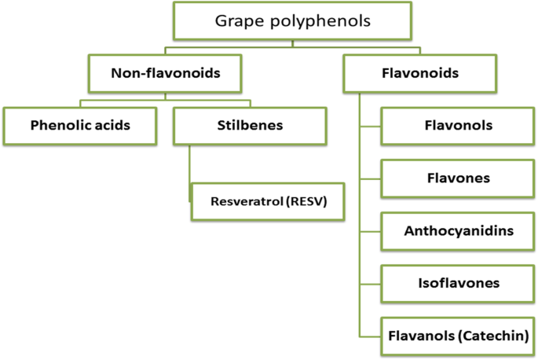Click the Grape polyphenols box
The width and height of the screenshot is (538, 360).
pos(293,20)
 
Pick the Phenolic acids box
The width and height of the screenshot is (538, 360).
pos(81,125)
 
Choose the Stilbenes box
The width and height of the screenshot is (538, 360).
pos(249,125)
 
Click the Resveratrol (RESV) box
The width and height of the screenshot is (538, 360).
pos(267,200)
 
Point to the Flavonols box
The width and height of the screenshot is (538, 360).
pos(458,125)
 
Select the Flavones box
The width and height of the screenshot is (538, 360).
pos(458,178)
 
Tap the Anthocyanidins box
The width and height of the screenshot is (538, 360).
pos(458,231)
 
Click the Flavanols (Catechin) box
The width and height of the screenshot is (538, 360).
pos(458,336)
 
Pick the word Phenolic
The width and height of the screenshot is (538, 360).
pos(62,125)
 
